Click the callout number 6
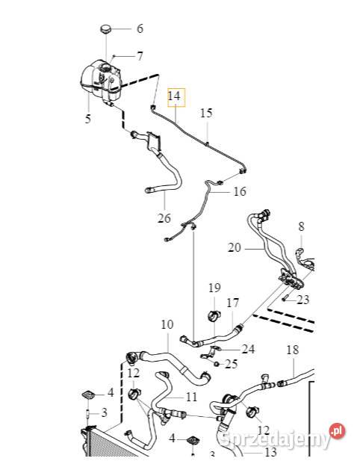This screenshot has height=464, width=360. tap(139, 30)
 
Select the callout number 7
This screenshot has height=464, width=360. tap(139, 56)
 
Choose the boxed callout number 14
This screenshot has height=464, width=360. tap(174, 96)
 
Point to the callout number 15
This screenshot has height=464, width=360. tap(206, 114)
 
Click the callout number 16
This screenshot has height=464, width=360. tap(239, 191)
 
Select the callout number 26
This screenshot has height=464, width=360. tap(164, 218)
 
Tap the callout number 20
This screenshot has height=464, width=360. tap(234, 247)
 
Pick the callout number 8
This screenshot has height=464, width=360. tap(301, 226)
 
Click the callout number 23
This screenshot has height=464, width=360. tap(302, 301)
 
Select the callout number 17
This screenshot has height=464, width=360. tap(232, 303)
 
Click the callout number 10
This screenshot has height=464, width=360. tap(167, 325)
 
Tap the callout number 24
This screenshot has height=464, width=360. tap(248, 349)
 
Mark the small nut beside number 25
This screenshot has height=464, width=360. tap(216, 363)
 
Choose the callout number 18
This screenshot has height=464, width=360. tap(292, 350)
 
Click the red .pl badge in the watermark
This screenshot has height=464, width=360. tap(338, 430)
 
